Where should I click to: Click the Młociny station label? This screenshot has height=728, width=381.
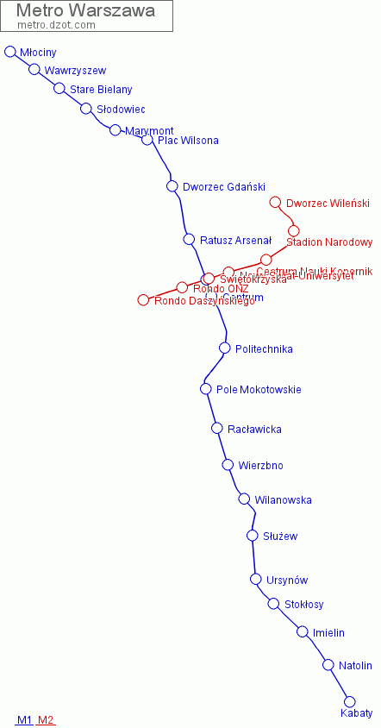38,53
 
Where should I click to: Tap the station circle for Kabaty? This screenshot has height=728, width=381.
350,701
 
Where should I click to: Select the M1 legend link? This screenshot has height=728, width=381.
24,720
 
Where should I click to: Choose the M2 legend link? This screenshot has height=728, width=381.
46,720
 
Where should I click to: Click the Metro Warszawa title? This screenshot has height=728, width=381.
86,11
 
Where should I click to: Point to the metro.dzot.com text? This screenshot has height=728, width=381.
56,25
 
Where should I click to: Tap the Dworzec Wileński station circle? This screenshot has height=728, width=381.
276,203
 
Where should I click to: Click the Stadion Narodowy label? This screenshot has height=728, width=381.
329,242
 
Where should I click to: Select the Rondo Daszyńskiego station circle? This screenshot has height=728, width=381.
143,300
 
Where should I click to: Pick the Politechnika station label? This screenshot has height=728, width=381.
264,349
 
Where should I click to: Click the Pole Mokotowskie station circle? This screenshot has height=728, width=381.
206,389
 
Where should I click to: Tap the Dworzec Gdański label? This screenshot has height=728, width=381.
224,187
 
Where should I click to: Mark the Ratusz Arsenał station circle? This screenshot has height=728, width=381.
189,239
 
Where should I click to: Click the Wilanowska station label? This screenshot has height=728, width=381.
283,500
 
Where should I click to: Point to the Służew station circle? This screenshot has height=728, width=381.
253,536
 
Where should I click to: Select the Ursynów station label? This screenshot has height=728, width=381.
287,581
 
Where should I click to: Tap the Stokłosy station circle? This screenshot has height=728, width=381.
273,604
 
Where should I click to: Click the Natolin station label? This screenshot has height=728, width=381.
355,666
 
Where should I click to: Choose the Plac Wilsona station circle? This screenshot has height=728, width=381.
147,140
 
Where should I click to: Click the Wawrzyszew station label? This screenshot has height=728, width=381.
76,71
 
